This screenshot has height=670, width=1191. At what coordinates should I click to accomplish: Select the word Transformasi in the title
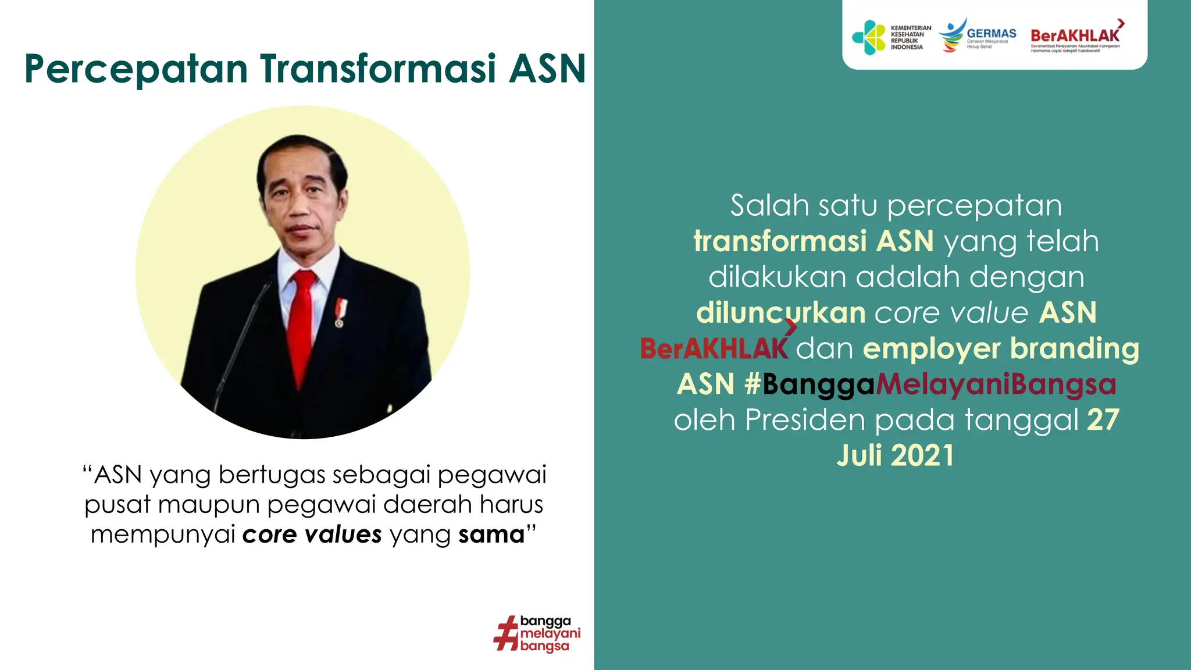pos(378,69)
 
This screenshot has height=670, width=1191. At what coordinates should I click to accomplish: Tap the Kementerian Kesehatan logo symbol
pos(869,38)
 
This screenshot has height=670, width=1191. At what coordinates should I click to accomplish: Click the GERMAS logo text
pos(992,34)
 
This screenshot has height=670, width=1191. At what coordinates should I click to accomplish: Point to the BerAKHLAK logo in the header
pos(1076,36)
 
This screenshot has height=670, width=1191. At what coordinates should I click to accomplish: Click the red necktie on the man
pos(302,326)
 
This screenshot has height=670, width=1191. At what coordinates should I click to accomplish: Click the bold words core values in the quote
pos(312,534)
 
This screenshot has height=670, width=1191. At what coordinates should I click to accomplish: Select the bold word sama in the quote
pos(491,534)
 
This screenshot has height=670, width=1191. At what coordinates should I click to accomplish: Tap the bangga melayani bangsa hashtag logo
pos(537,633)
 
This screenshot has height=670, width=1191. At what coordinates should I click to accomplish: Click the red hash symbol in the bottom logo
pos(506,633)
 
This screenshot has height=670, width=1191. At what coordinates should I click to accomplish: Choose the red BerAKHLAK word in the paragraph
pos(714,349)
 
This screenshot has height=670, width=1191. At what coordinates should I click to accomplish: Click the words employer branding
pos(1001,348)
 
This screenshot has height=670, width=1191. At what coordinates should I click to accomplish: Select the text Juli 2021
pos(896,455)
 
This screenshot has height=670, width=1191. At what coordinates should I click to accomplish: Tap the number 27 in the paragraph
pos(1103,420)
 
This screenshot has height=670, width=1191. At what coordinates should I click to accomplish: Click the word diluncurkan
pos(781,313)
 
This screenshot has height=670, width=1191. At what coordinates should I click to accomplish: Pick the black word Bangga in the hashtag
pos(818,384)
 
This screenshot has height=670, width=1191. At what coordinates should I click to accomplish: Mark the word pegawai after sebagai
pos(492,475)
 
